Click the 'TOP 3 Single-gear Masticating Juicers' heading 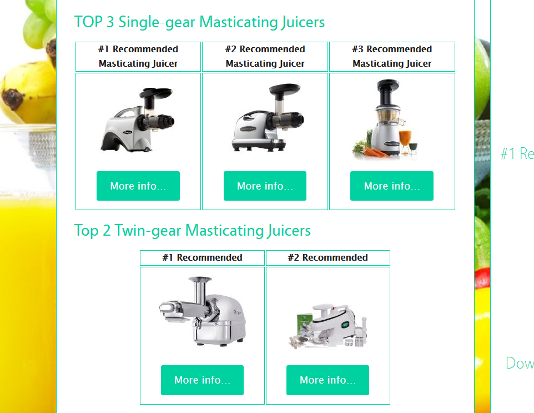tap(199, 22)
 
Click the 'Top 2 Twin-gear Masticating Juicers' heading tap(193, 231)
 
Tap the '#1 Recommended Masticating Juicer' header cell tap(138, 56)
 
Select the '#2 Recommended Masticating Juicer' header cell tap(265, 56)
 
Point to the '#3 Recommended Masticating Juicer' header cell tap(392, 56)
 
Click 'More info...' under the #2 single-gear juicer tap(265, 186)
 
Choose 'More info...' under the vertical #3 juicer tap(391, 186)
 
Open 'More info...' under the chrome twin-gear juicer tap(202, 380)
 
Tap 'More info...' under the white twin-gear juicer tap(328, 380)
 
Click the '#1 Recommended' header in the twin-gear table tap(202, 258)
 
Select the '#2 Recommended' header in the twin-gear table tap(328, 258)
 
